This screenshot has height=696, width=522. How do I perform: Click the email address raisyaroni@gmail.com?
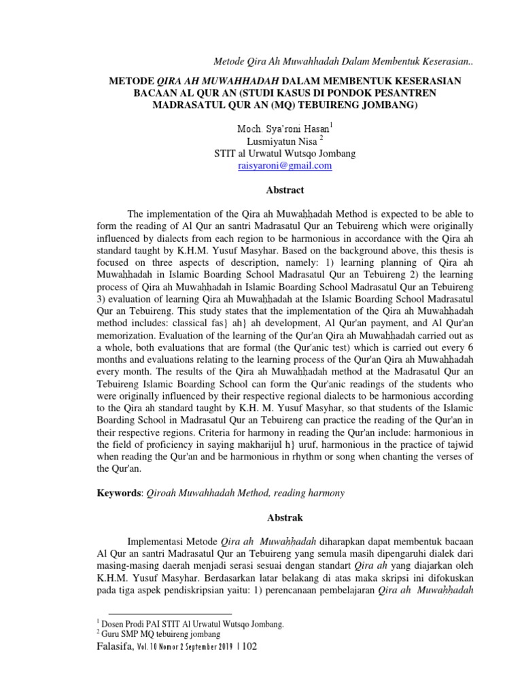pos(284,165)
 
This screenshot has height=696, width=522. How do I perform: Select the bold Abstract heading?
pos(285,190)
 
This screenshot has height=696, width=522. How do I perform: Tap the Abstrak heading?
pos(285,518)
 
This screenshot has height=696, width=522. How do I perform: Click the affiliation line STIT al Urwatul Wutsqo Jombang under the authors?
pos(284,153)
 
